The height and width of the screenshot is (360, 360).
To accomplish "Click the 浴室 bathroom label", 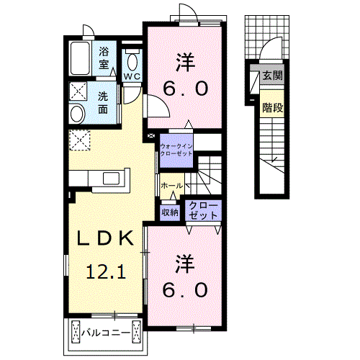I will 104,58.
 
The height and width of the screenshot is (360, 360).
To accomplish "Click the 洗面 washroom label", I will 104,103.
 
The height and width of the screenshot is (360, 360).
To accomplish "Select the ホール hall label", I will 171,186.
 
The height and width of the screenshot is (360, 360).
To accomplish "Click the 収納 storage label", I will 170,212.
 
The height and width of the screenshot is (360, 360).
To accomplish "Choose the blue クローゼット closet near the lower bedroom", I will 203,210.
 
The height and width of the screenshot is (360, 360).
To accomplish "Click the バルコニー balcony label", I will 105,333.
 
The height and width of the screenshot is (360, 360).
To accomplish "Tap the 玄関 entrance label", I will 271,76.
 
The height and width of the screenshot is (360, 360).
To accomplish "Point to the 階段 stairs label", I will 271,109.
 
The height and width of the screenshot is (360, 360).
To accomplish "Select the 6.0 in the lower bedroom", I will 186,290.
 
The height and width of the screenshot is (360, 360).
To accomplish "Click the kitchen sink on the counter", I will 113,177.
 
